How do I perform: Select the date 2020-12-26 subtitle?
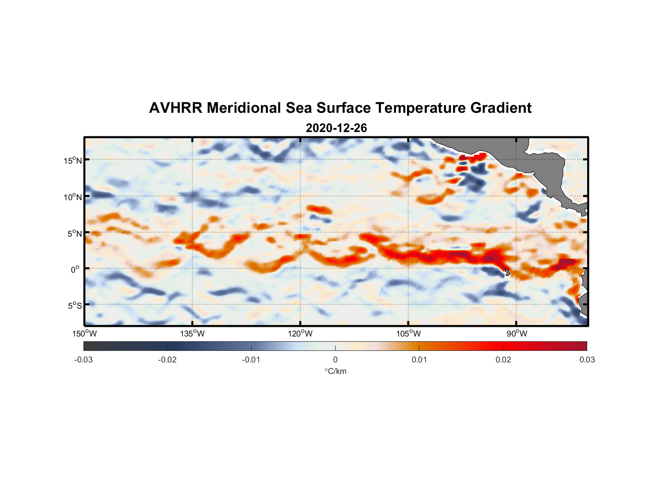tap(336, 128)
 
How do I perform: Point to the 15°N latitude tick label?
tap(73, 160)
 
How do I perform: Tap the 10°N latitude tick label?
tap(73, 197)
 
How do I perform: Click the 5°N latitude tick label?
tap(74, 233)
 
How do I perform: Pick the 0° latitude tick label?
tap(75, 269)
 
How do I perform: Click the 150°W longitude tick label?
tap(84, 334)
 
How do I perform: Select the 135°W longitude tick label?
tap(192, 334)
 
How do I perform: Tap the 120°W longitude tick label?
tap(300, 334)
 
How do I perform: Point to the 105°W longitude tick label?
tap(408, 334)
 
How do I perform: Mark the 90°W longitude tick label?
tap(516, 334)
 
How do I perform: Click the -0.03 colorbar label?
tap(83, 360)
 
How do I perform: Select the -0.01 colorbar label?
tap(251, 360)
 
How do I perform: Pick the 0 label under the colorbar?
tap(335, 360)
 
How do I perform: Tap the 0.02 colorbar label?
tap(503, 360)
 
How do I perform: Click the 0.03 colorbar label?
tap(587, 360)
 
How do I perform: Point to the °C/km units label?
tap(335, 371)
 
